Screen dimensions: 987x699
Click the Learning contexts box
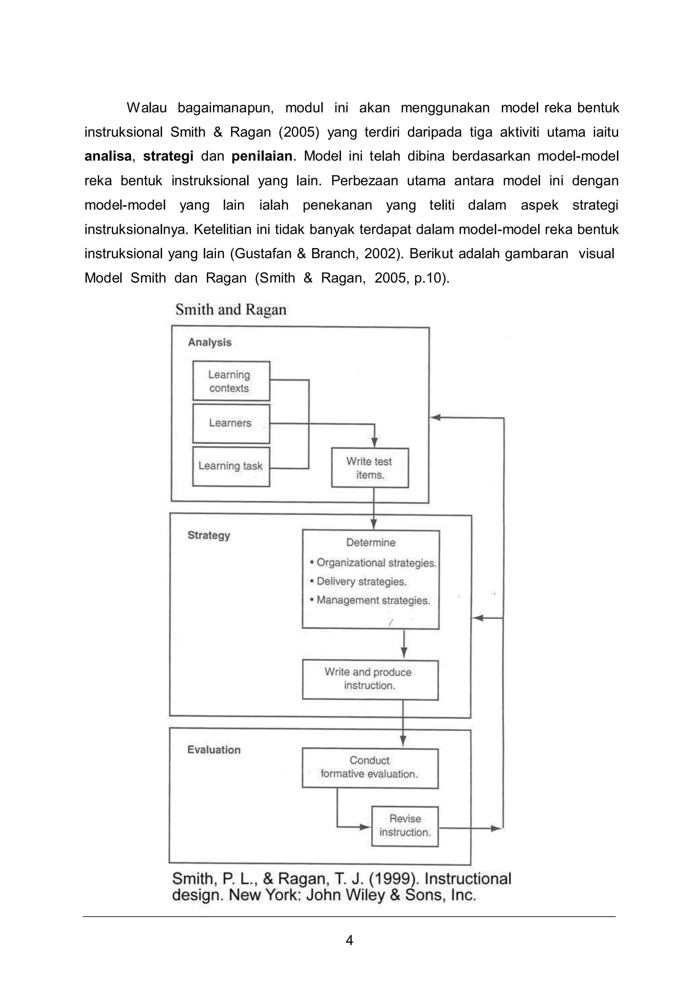[231, 381]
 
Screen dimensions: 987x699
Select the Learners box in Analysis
[231, 423]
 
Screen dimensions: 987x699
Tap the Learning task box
[231, 466]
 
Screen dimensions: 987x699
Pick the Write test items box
[370, 468]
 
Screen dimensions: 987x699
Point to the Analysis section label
[210, 343]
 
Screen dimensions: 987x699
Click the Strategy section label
[209, 535]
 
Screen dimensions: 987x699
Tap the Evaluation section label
[214, 750]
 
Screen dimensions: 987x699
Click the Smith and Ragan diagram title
[231, 310]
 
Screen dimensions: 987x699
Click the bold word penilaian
[262, 156]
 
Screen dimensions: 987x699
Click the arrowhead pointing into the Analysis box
[435, 417]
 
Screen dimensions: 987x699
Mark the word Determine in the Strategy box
[371, 542]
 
